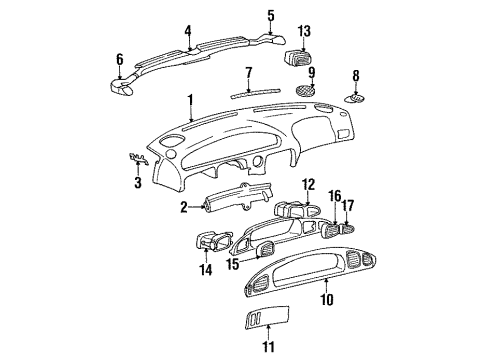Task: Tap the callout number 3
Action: (138, 182)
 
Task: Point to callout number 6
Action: (120, 59)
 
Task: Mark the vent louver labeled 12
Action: (290, 209)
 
